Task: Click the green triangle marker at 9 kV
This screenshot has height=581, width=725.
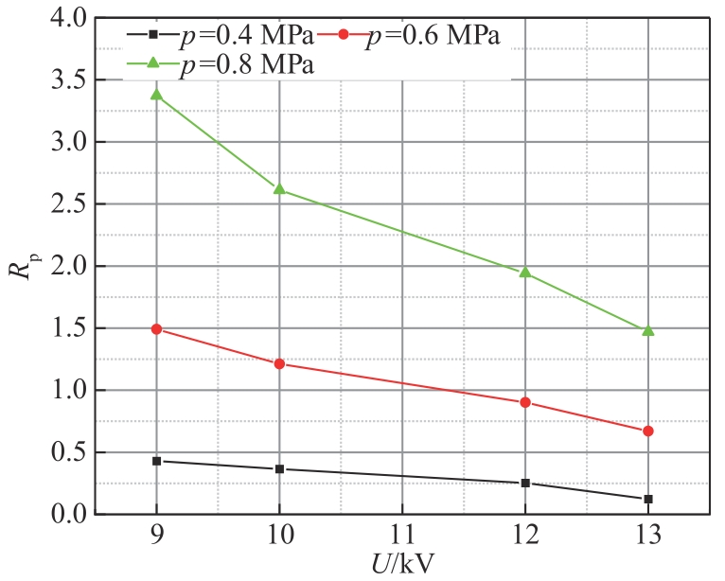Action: click(x=156, y=95)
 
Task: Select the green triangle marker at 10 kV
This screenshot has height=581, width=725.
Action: click(x=279, y=188)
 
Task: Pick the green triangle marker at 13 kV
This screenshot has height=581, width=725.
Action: click(x=648, y=330)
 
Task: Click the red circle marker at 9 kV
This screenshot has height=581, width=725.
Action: click(x=156, y=329)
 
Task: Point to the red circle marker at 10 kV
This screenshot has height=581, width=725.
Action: click(x=279, y=363)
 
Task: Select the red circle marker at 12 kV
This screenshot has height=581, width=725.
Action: click(x=525, y=402)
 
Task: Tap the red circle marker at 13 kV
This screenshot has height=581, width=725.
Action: click(x=648, y=431)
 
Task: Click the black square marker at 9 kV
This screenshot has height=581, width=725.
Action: click(x=156, y=461)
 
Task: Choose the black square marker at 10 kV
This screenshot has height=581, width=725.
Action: click(x=279, y=469)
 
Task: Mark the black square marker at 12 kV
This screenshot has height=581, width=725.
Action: click(x=525, y=483)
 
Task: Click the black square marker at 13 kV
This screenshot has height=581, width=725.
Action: click(x=648, y=499)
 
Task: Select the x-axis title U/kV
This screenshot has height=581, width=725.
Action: click(x=403, y=566)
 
